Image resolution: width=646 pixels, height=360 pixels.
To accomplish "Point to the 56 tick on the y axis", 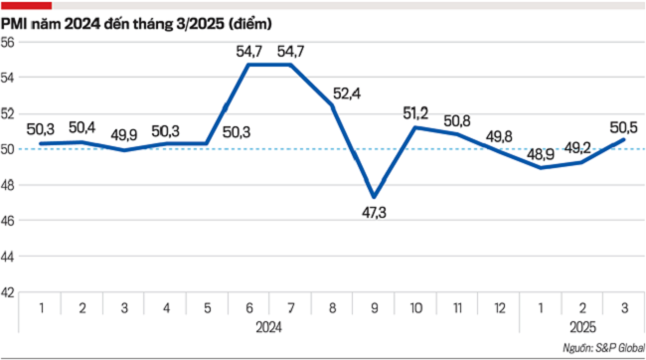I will tap(8, 42).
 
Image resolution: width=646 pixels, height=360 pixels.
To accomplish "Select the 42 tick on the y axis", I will tap(8, 292).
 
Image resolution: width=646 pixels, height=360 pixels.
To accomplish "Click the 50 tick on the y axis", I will tap(8, 149).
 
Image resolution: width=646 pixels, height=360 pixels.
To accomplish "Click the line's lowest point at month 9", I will tap(373, 197).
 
